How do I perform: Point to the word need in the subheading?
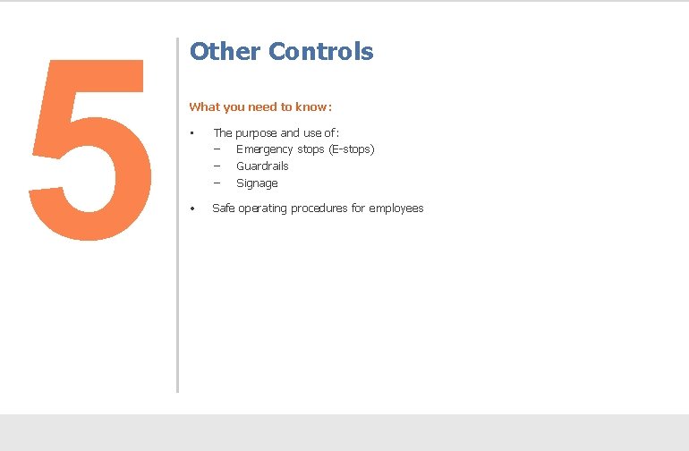[x=260, y=107]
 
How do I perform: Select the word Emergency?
[x=265, y=149]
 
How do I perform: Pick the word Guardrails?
[x=262, y=166]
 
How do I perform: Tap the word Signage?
[x=257, y=183]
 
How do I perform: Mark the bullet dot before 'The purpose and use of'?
[x=192, y=133]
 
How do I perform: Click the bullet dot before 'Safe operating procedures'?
[x=192, y=209]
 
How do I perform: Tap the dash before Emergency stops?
[x=217, y=149]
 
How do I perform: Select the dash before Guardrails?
[x=217, y=166]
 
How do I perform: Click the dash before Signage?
[x=217, y=183]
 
